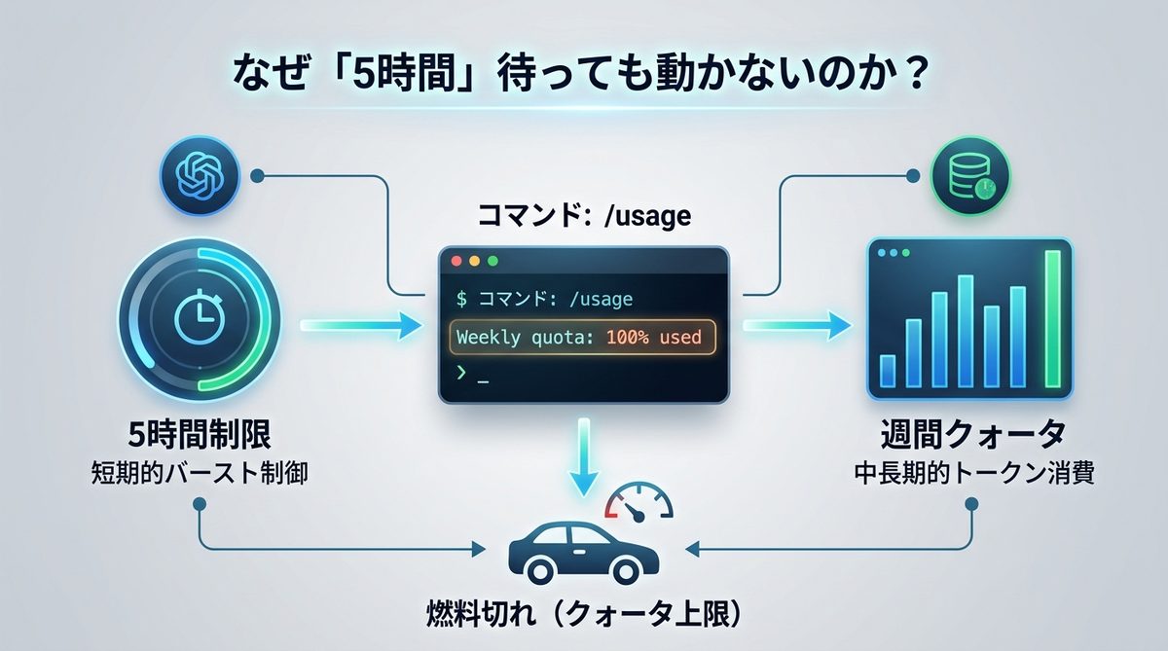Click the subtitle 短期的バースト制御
coord(198,476)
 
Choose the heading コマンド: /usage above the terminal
coord(584,216)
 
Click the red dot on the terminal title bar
coord(456,262)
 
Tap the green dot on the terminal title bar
coord(493,262)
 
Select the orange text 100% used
coord(652,338)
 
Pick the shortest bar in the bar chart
coord(887,371)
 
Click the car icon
coord(583,551)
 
